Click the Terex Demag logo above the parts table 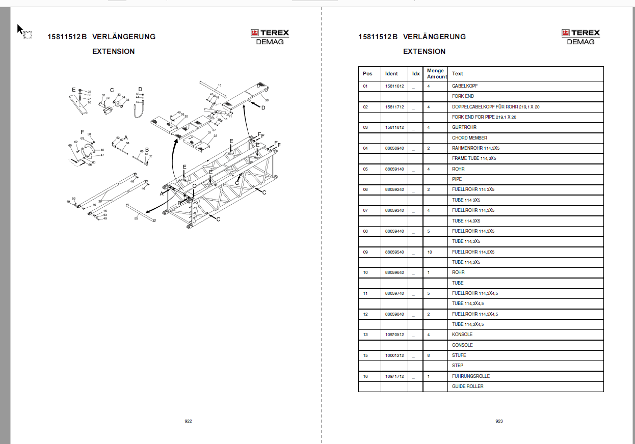[x=580, y=37]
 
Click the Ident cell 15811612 [x=394, y=86]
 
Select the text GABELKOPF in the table [x=464, y=86]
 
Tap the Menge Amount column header [x=435, y=73]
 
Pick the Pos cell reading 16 [x=365, y=376]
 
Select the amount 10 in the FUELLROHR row [x=430, y=252]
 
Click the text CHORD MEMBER [x=469, y=138]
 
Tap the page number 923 [x=499, y=421]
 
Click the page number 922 [x=188, y=421]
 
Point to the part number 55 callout [x=136, y=218]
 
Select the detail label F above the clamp [x=82, y=132]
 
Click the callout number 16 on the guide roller [x=220, y=85]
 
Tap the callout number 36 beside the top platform [x=267, y=101]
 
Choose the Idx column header [x=416, y=74]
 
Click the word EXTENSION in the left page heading [x=113, y=51]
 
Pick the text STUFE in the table [x=459, y=355]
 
